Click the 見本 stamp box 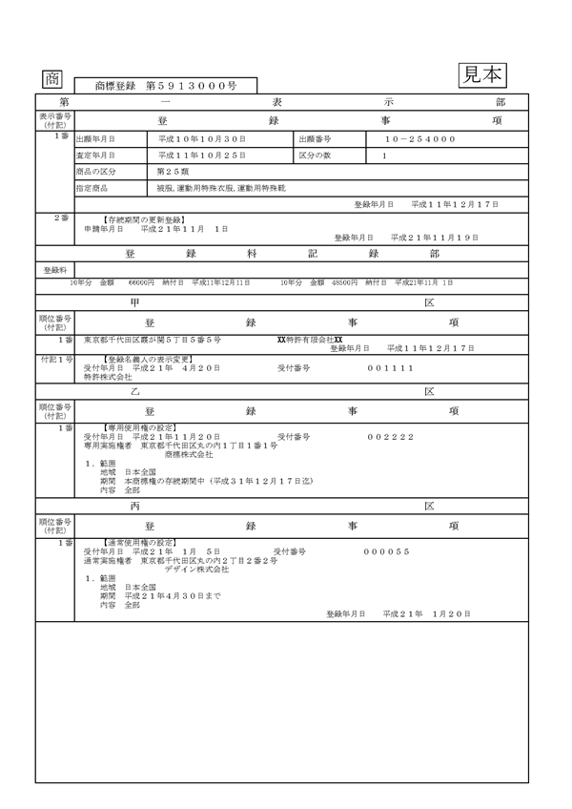point(482,74)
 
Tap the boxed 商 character point(51,79)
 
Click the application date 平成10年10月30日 point(202,139)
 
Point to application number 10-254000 point(413,139)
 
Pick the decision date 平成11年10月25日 point(202,155)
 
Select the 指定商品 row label point(94,188)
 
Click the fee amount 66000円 point(141,282)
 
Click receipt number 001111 point(392,367)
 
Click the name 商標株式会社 point(189,454)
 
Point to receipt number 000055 point(386,551)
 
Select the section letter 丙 point(134,506)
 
